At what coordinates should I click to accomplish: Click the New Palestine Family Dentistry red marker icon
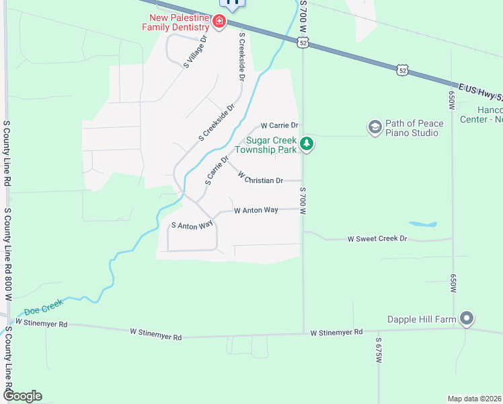pyautogui.click(x=219, y=22)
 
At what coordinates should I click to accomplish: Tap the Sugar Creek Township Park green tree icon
pyautogui.click(x=307, y=143)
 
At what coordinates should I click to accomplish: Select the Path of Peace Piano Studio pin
pyautogui.click(x=375, y=127)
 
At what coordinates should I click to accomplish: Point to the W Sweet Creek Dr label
pyautogui.click(x=377, y=239)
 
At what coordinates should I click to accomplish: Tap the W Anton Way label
pyautogui.click(x=256, y=210)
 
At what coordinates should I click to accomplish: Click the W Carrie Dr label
pyautogui.click(x=279, y=125)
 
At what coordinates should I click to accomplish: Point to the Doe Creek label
pyautogui.click(x=44, y=307)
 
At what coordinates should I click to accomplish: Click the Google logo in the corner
pyautogui.click(x=22, y=395)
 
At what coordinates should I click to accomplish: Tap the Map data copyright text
pyautogui.click(x=474, y=399)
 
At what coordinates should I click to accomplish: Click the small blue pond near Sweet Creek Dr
pyautogui.click(x=422, y=224)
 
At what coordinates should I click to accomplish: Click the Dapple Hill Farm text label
pyautogui.click(x=422, y=320)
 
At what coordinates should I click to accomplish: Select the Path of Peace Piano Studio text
pyautogui.click(x=412, y=128)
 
